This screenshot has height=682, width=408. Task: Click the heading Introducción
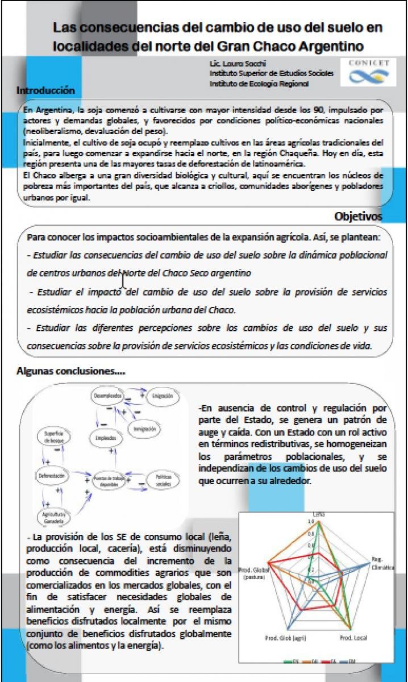46,90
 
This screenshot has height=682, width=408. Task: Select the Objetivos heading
358,217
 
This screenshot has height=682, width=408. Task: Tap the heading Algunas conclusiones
71,370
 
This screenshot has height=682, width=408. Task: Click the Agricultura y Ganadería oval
55,516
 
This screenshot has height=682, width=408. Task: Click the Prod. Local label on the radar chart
354,638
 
